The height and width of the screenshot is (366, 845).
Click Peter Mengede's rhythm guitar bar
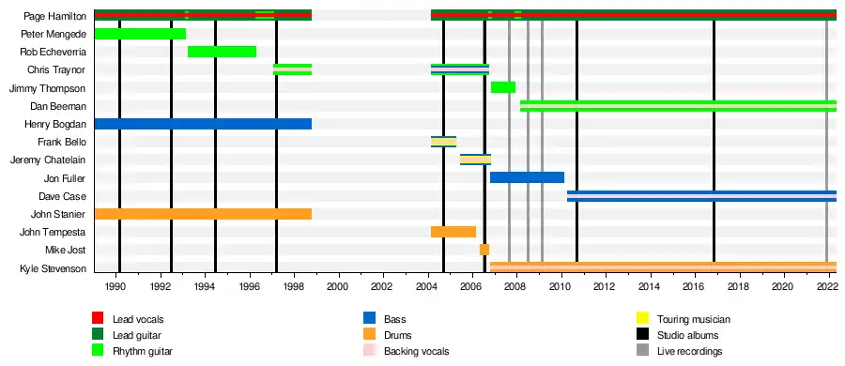click(140, 34)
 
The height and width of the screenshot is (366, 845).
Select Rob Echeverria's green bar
click(222, 52)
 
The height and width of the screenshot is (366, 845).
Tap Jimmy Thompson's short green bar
click(503, 87)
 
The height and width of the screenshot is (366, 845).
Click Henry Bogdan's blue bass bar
click(203, 124)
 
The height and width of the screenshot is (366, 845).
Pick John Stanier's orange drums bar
click(203, 214)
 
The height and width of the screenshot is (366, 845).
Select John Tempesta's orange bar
click(453, 232)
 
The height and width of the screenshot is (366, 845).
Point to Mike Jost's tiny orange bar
click(484, 250)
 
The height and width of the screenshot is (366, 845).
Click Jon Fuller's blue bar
click(527, 177)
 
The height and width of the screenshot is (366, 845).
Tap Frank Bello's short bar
click(443, 142)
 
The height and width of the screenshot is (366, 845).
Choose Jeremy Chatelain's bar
click(475, 160)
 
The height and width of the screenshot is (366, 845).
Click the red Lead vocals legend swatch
click(98, 318)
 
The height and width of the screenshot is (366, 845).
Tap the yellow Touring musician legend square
click(642, 318)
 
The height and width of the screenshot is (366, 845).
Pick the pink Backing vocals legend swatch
click(369, 351)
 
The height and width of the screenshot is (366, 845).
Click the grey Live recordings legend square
click(642, 351)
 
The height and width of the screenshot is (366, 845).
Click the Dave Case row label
click(62, 196)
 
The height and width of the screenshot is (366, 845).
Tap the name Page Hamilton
click(55, 16)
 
